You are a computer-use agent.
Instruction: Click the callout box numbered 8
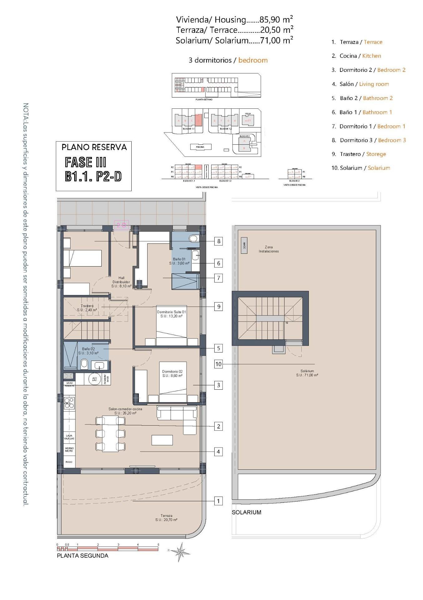[219, 241]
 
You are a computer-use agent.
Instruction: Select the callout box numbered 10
[218, 364]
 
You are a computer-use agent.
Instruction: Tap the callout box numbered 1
[219, 501]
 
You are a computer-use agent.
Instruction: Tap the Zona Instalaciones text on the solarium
[269, 249]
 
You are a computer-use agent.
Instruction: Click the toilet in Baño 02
[84, 364]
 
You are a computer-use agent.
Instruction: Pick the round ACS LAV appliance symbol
[94, 379]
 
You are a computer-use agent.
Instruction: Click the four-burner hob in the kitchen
[69, 402]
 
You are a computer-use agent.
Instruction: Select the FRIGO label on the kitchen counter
[69, 462]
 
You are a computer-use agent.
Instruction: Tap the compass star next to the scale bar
[181, 552]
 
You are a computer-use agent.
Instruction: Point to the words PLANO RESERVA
[94, 147]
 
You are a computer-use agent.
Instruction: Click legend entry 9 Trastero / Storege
[359, 154]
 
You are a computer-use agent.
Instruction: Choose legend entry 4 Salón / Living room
[360, 84]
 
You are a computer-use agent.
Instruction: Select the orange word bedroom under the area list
[253, 60]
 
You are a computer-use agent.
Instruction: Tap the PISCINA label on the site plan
[200, 147]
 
